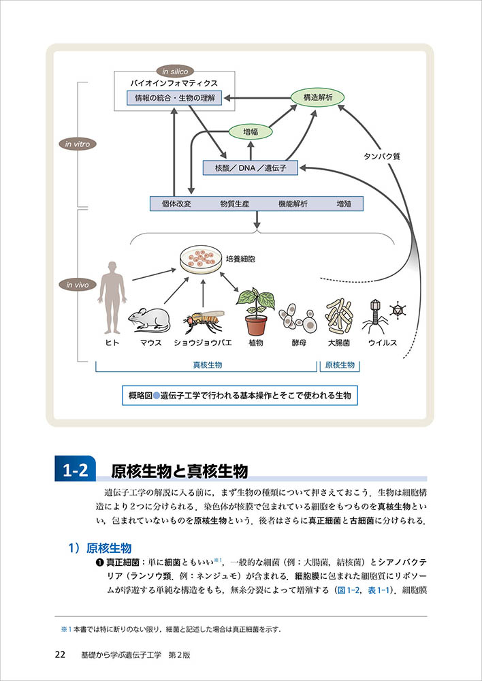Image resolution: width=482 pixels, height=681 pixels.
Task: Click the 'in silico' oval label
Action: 175,71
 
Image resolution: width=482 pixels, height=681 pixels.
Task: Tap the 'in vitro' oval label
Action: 77,144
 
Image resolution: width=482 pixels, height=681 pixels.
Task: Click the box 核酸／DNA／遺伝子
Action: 251,167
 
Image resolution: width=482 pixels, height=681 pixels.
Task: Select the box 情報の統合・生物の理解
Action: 175,98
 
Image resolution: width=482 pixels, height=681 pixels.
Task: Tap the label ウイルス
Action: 382,343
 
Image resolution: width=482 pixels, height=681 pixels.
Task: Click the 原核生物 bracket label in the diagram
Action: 339,365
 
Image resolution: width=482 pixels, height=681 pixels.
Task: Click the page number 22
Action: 60,654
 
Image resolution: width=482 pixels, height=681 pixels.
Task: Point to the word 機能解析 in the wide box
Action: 293,204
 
